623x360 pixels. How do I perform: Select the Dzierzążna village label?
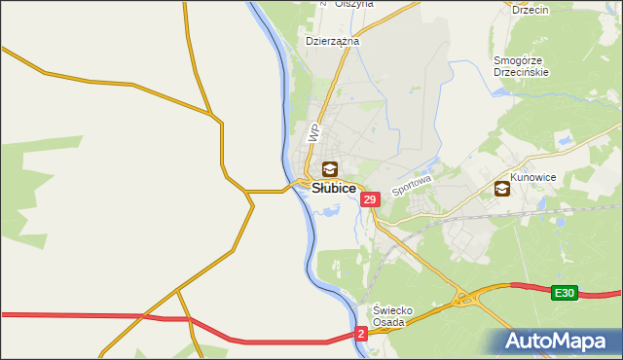[333, 42]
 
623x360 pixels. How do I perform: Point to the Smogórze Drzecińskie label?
[522, 66]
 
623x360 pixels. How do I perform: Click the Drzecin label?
[531, 9]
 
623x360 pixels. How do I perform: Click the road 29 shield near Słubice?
[369, 199]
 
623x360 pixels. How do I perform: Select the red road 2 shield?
[361, 334]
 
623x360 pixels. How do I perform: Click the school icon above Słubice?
[330, 170]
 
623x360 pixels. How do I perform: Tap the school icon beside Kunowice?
[502, 189]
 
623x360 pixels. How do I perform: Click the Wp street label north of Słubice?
[313, 132]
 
